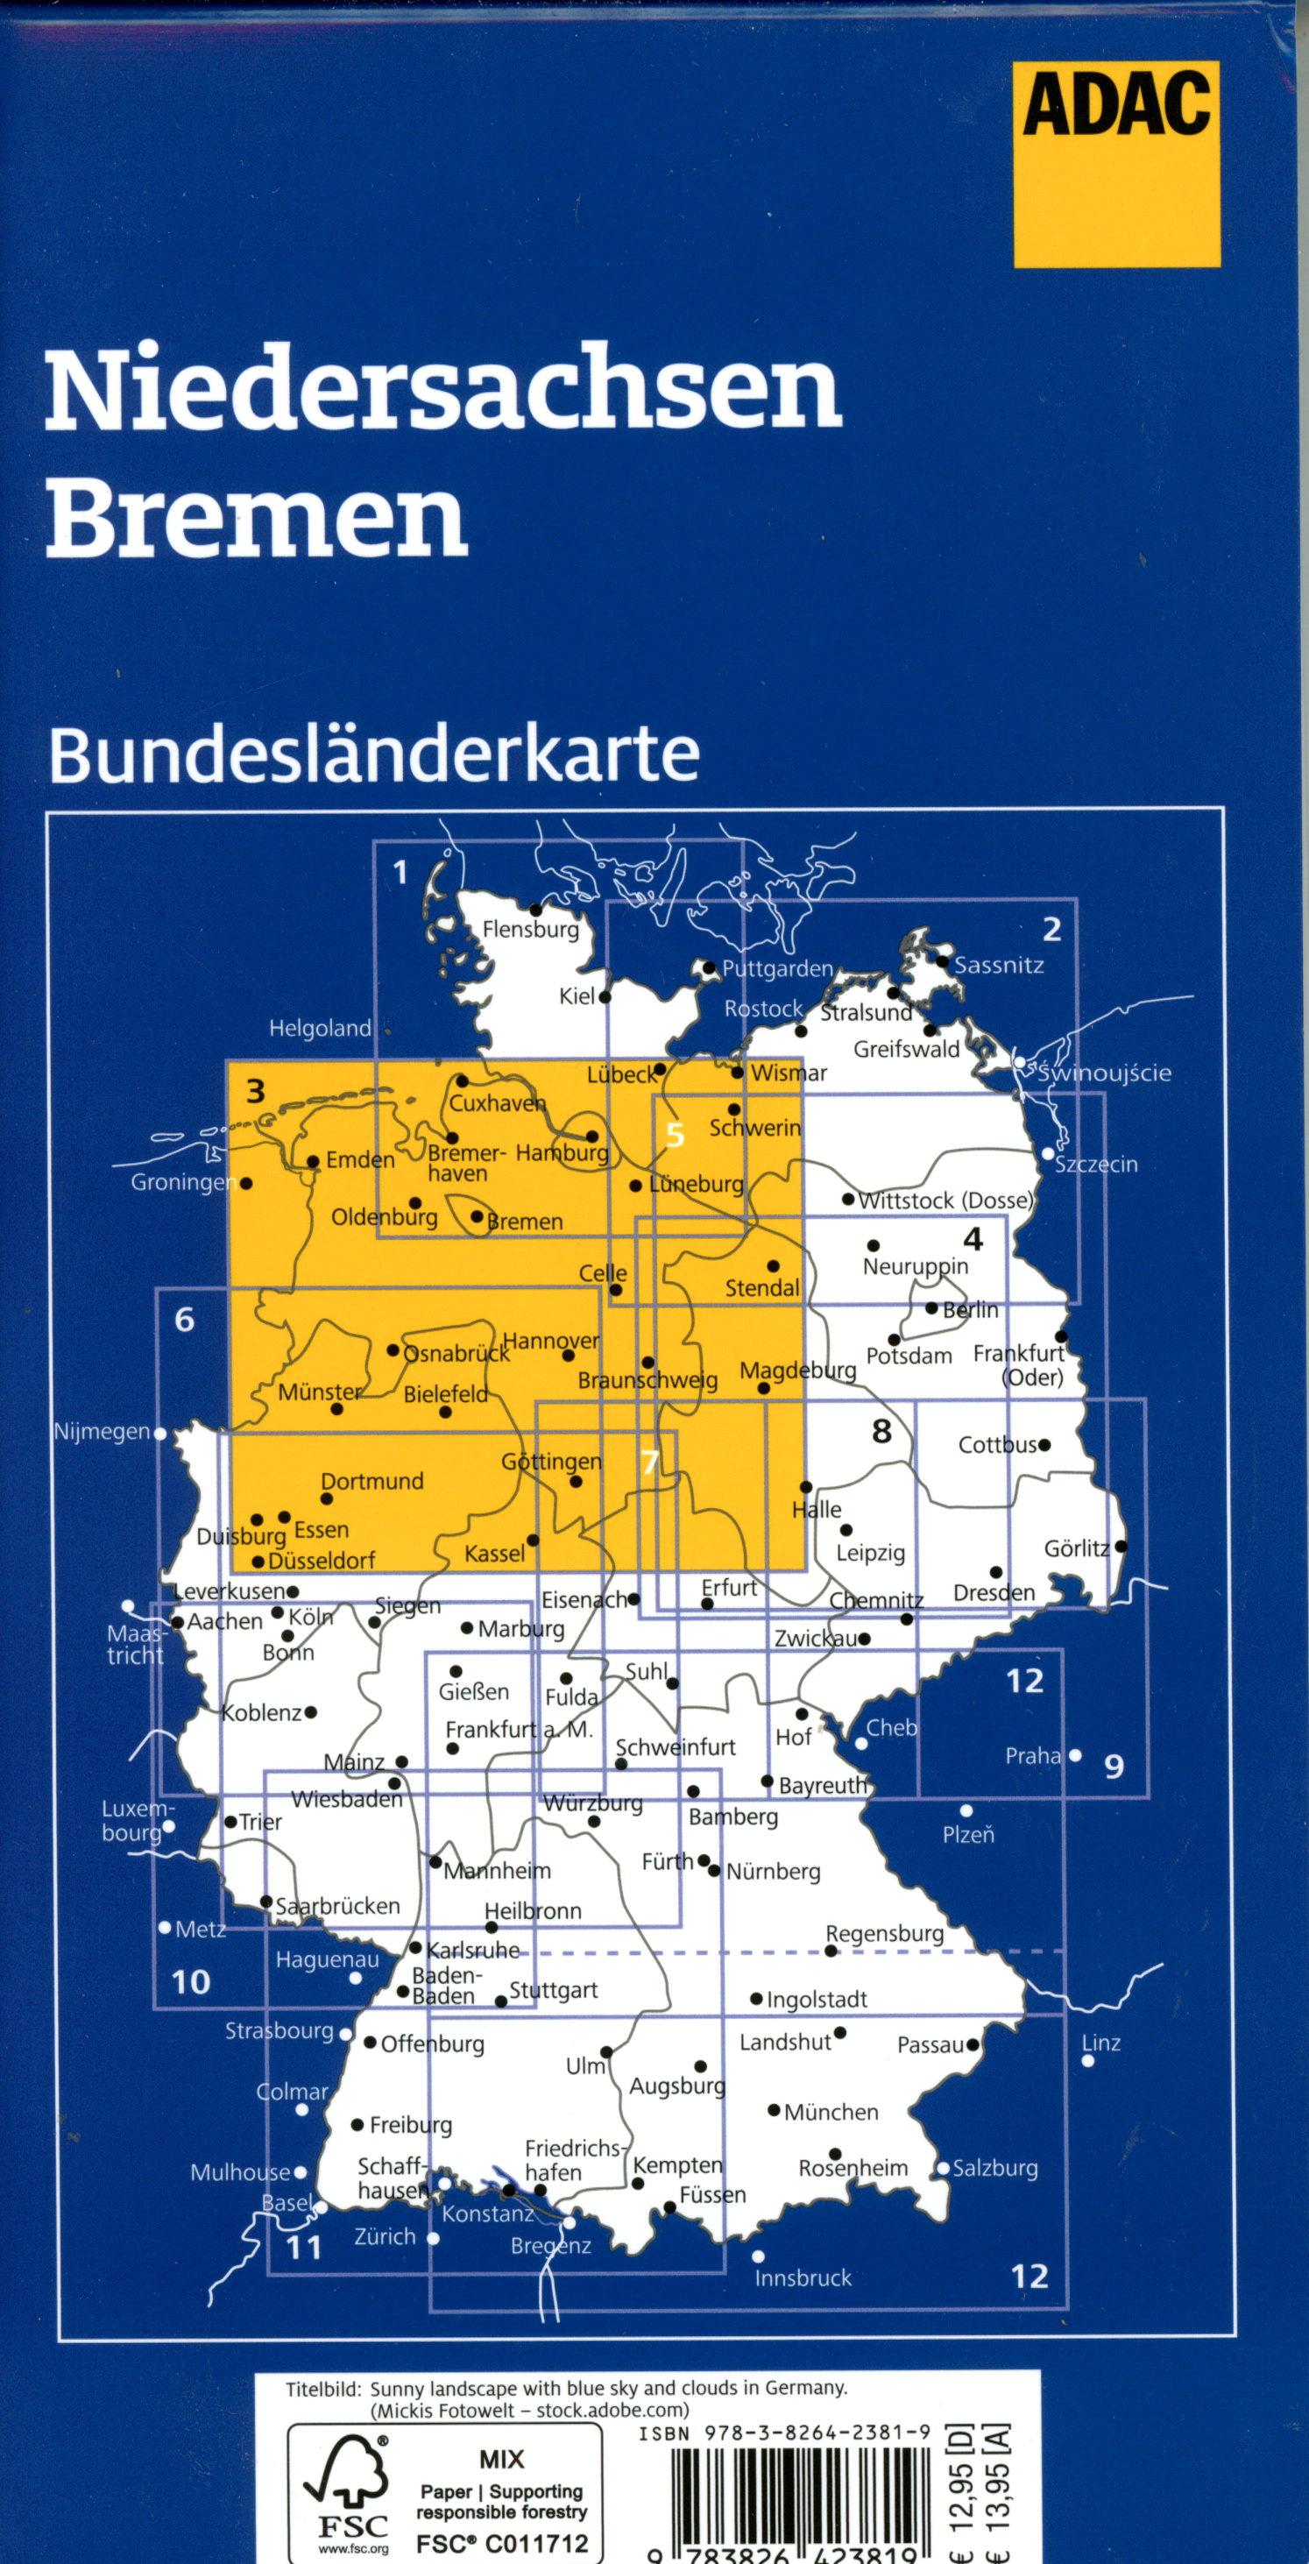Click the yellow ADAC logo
pyautogui.click(x=1117, y=163)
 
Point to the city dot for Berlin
pyautogui.click(x=931, y=1309)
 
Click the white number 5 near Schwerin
pyautogui.click(x=676, y=1135)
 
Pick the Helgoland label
pyautogui.click(x=320, y=1029)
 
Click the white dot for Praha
pyautogui.click(x=1075, y=1756)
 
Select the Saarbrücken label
pyautogui.click(x=337, y=1905)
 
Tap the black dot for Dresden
pyautogui.click(x=1009, y=1569)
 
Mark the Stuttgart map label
pyautogui.click(x=554, y=1990)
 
